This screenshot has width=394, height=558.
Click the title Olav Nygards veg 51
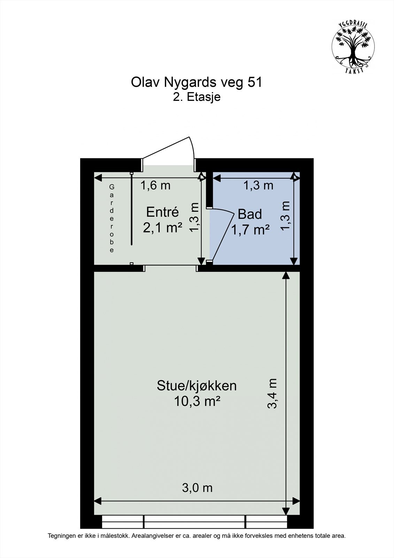click(x=196, y=83)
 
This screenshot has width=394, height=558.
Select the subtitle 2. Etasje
click(x=197, y=97)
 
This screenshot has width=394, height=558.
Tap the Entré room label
click(x=162, y=212)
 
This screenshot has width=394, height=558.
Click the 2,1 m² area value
click(x=162, y=228)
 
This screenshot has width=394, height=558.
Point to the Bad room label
click(x=249, y=214)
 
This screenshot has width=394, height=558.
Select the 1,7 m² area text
click(x=250, y=230)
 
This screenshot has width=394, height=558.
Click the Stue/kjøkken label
click(x=196, y=386)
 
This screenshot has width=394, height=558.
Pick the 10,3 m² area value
click(x=197, y=401)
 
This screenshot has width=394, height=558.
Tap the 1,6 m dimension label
click(x=155, y=186)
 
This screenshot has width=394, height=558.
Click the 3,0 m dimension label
click(x=197, y=488)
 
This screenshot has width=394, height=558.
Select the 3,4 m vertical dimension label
click(x=272, y=393)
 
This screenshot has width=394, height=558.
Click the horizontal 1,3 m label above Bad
click(x=258, y=186)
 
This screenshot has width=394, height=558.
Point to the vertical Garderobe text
click(x=112, y=219)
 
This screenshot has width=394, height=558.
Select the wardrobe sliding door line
click(x=132, y=209)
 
